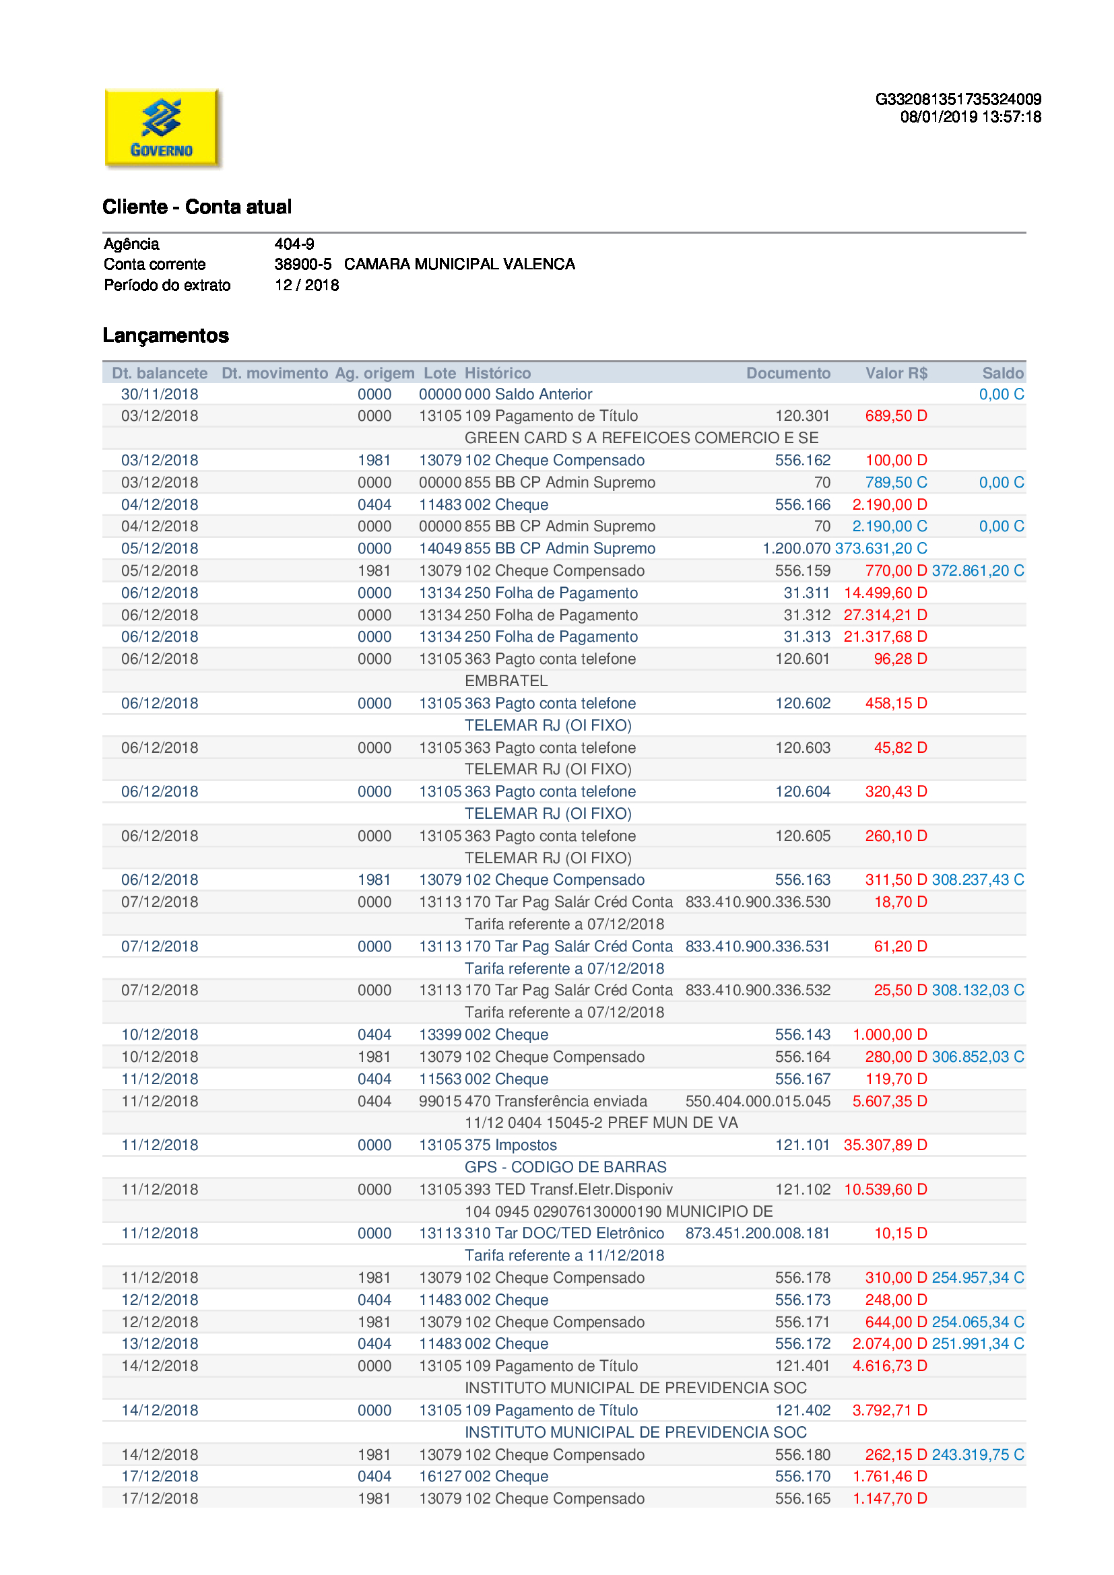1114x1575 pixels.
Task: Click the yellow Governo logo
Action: [x=162, y=129]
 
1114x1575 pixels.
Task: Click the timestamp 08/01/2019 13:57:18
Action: [x=970, y=117]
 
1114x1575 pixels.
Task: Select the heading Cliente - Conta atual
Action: [x=197, y=207]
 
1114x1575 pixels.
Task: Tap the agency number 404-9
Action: [x=294, y=244]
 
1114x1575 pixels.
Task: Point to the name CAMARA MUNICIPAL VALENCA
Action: [x=459, y=264]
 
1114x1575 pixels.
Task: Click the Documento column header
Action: [x=787, y=373]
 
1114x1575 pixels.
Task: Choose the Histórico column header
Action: [x=497, y=373]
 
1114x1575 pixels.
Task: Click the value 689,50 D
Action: [x=895, y=415]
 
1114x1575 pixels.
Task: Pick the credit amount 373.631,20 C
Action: [x=881, y=548]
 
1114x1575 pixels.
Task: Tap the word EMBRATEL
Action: [x=506, y=681]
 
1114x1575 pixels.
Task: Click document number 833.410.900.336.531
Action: [x=757, y=946]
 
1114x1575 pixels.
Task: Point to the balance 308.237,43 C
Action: [x=977, y=879]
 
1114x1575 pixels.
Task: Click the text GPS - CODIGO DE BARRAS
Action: [x=565, y=1167]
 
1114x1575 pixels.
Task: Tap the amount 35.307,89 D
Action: [x=885, y=1145]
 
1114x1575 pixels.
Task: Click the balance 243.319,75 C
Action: [x=977, y=1454]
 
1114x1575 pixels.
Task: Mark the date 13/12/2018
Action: [x=160, y=1343]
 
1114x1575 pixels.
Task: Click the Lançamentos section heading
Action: [x=166, y=335]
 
